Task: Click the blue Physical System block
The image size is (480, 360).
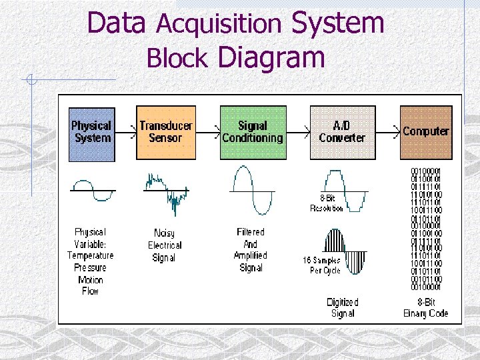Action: point(92,133)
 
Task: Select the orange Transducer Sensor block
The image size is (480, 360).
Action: point(166,133)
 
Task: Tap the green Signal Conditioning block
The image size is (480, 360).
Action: point(252,133)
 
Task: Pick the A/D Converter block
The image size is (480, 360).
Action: point(342,133)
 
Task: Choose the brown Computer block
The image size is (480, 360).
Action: point(425,133)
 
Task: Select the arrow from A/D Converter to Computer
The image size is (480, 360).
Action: point(388,131)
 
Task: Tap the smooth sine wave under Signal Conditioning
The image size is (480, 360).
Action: point(252,191)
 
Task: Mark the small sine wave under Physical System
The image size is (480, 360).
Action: point(93,189)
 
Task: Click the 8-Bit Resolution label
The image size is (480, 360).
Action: point(327,203)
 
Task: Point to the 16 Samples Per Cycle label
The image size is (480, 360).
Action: point(321,265)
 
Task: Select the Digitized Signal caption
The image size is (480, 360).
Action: point(343,307)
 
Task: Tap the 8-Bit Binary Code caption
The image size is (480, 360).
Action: point(426,307)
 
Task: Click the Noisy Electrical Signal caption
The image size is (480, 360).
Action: point(164,245)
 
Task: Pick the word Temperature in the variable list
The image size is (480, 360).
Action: point(91,255)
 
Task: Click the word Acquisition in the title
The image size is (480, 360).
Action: point(219,25)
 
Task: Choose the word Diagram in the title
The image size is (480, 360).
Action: point(271,57)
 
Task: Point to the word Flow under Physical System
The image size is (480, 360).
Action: point(91,291)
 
